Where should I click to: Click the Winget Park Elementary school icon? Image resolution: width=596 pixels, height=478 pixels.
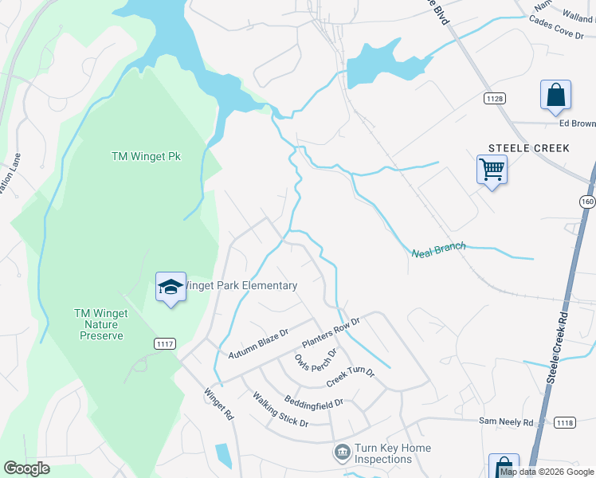coord(171,288)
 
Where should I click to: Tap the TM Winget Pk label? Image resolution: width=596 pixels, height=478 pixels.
coord(146,156)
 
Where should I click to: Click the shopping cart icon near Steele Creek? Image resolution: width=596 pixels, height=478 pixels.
coord(492,170)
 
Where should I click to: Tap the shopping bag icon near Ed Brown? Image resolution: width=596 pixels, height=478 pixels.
coord(555,96)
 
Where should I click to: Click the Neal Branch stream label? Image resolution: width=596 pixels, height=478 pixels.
coord(438,251)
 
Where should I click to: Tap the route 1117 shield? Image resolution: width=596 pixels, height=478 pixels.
coord(164,342)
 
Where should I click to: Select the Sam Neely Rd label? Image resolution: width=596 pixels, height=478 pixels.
coord(506,420)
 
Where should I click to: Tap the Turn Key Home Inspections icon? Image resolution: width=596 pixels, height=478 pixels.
coord(342,453)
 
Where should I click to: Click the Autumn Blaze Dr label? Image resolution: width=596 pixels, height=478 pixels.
coord(257,343)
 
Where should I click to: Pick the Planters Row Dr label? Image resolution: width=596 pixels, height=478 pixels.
coord(331,333)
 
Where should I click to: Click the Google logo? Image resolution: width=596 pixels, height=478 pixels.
coord(27,468)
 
